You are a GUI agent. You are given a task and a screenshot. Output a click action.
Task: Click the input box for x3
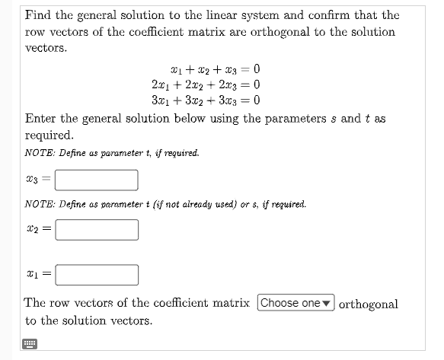[x=96, y=180]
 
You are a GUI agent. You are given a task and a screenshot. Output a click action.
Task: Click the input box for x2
[x=96, y=229]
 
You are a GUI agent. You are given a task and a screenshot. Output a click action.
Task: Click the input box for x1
[x=96, y=274]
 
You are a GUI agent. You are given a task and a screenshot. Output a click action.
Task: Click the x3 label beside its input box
[x=34, y=180]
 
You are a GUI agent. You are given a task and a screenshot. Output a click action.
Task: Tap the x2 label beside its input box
[x=34, y=229]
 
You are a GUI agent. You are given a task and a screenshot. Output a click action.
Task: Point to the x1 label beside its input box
[x=34, y=275]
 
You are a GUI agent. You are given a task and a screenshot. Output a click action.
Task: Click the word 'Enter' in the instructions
[x=43, y=119]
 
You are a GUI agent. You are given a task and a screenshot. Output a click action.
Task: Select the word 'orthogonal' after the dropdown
[x=368, y=304]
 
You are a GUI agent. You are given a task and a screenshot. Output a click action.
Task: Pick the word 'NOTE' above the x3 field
[x=38, y=153]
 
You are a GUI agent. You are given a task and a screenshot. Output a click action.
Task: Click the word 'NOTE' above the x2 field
[x=38, y=204]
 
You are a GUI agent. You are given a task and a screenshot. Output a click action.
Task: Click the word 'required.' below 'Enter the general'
[x=50, y=135]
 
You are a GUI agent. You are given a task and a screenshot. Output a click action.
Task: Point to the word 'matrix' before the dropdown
[x=231, y=303]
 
